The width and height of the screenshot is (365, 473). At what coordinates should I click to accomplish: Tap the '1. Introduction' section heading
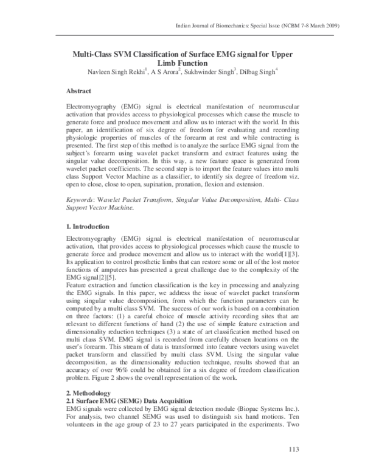(89, 226)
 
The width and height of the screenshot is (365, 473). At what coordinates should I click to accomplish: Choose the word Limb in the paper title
(169, 63)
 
